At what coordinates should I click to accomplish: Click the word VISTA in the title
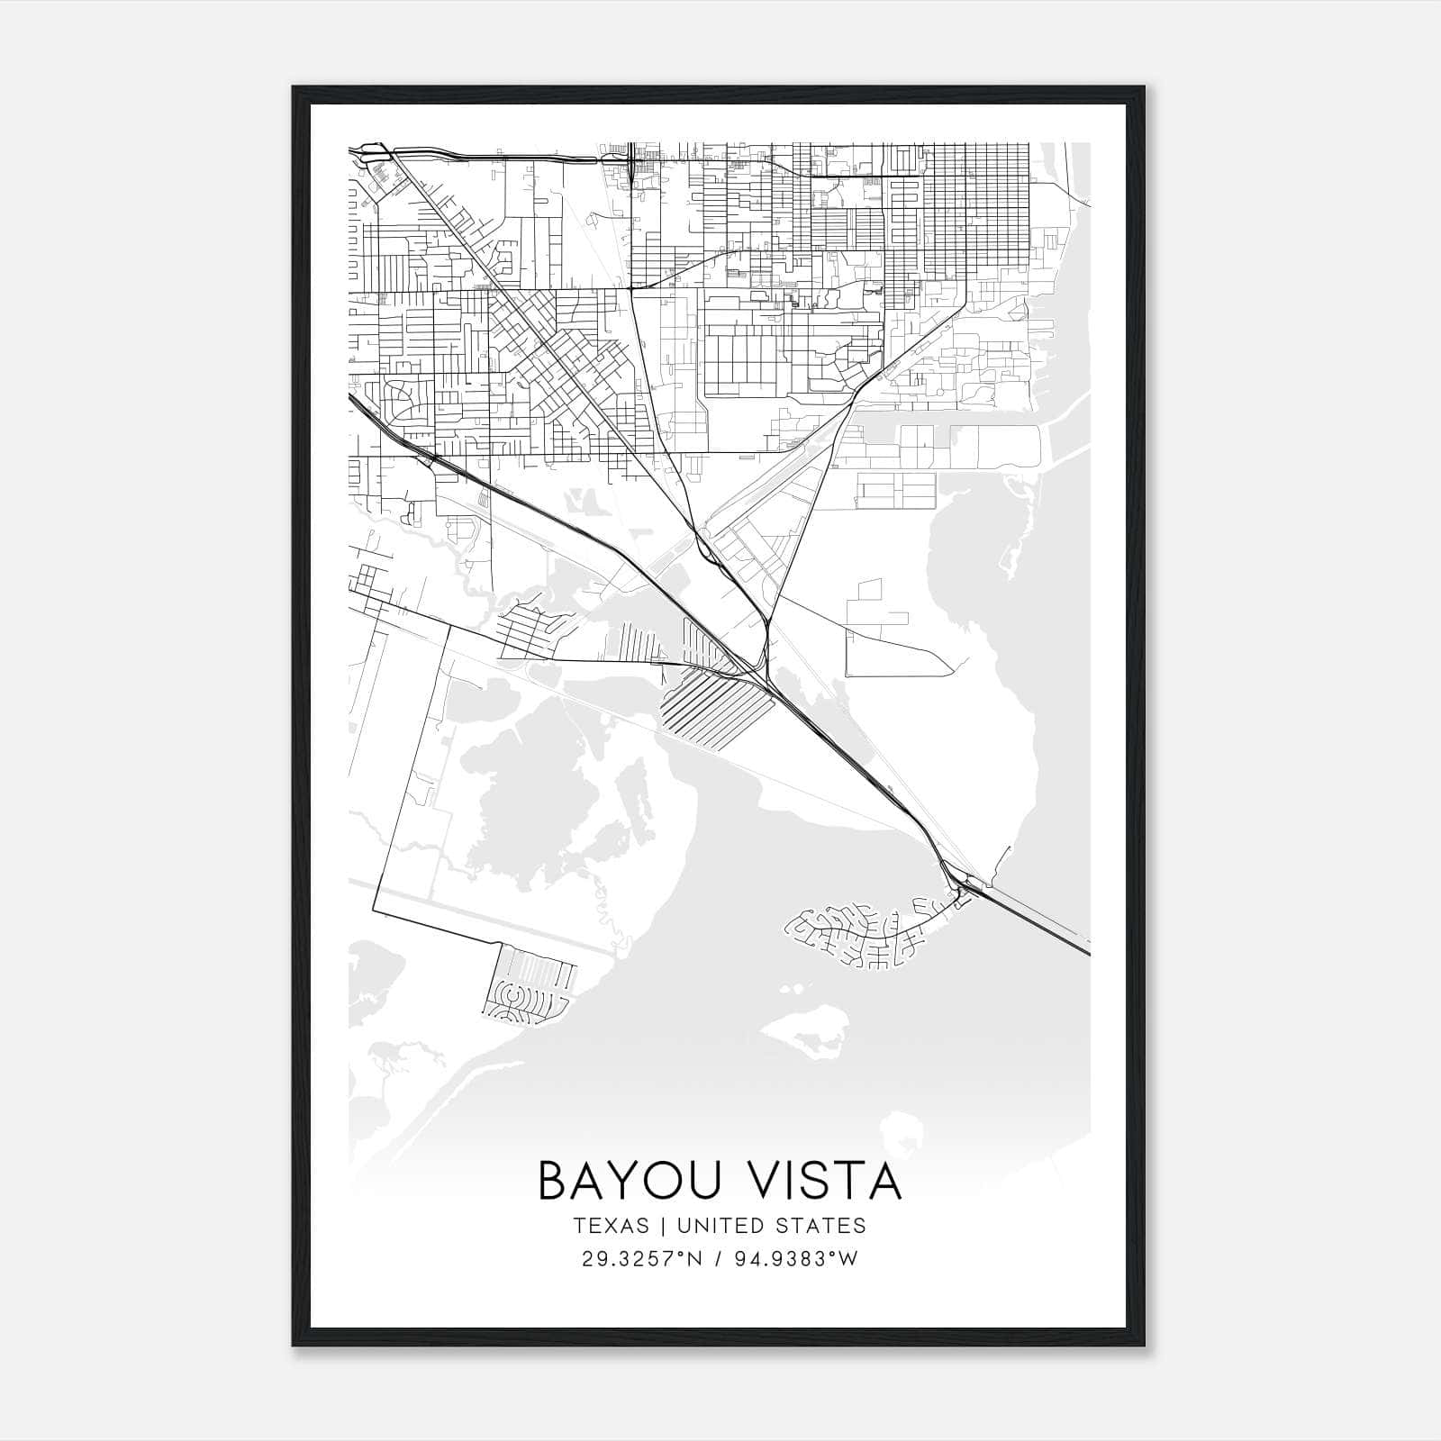[818, 1181]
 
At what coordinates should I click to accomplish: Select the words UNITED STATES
[771, 1226]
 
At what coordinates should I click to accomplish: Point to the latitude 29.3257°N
[640, 1258]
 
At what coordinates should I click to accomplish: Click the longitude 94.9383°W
[797, 1258]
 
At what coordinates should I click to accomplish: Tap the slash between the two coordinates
[719, 1258]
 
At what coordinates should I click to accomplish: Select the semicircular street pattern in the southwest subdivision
[510, 1001]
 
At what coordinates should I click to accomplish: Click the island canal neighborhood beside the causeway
[865, 937]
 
